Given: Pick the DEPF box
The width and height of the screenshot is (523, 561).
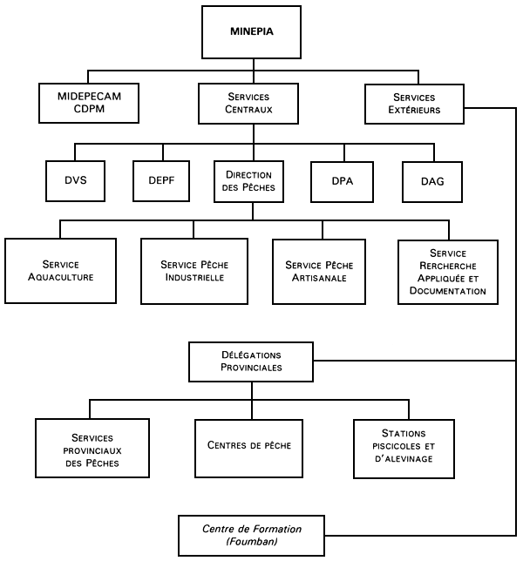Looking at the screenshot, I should (x=161, y=180).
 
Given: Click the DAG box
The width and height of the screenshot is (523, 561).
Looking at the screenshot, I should (x=431, y=180).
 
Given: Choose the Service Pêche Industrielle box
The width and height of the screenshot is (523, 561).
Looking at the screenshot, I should (x=194, y=271).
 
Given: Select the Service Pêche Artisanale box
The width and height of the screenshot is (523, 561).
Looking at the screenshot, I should (x=323, y=271).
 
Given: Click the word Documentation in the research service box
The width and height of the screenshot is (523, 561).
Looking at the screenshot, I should (x=448, y=291).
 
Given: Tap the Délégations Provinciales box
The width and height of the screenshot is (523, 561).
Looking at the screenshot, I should (x=251, y=362).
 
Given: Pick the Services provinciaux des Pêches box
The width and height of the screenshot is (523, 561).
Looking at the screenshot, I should (x=92, y=449).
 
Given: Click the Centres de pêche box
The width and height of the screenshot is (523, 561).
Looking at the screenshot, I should (x=249, y=445).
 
